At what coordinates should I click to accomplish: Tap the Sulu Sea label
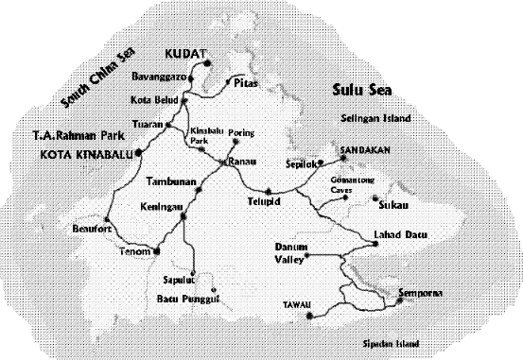coord(361,91)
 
